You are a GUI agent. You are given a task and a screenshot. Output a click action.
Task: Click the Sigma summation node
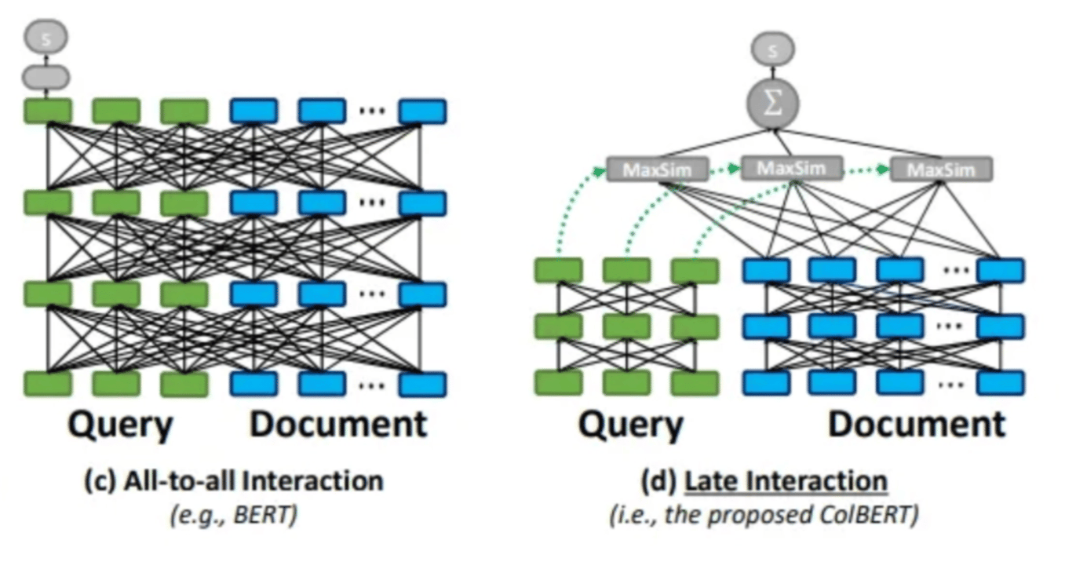(x=773, y=104)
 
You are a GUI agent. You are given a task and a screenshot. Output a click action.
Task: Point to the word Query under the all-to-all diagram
(x=120, y=425)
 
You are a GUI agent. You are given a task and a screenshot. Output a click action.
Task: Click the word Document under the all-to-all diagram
(x=338, y=425)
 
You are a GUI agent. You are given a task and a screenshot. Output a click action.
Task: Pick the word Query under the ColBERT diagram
(x=631, y=425)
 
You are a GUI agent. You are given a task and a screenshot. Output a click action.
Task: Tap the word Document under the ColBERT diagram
(x=917, y=425)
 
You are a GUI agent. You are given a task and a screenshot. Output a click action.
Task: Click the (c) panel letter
(x=100, y=481)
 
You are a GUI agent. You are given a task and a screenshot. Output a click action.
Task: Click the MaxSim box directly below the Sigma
(x=791, y=167)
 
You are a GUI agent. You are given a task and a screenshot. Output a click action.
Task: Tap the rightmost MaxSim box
(x=941, y=169)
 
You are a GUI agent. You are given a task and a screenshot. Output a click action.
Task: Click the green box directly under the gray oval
(x=47, y=111)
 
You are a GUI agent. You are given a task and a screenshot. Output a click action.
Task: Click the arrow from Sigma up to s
(x=773, y=73)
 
